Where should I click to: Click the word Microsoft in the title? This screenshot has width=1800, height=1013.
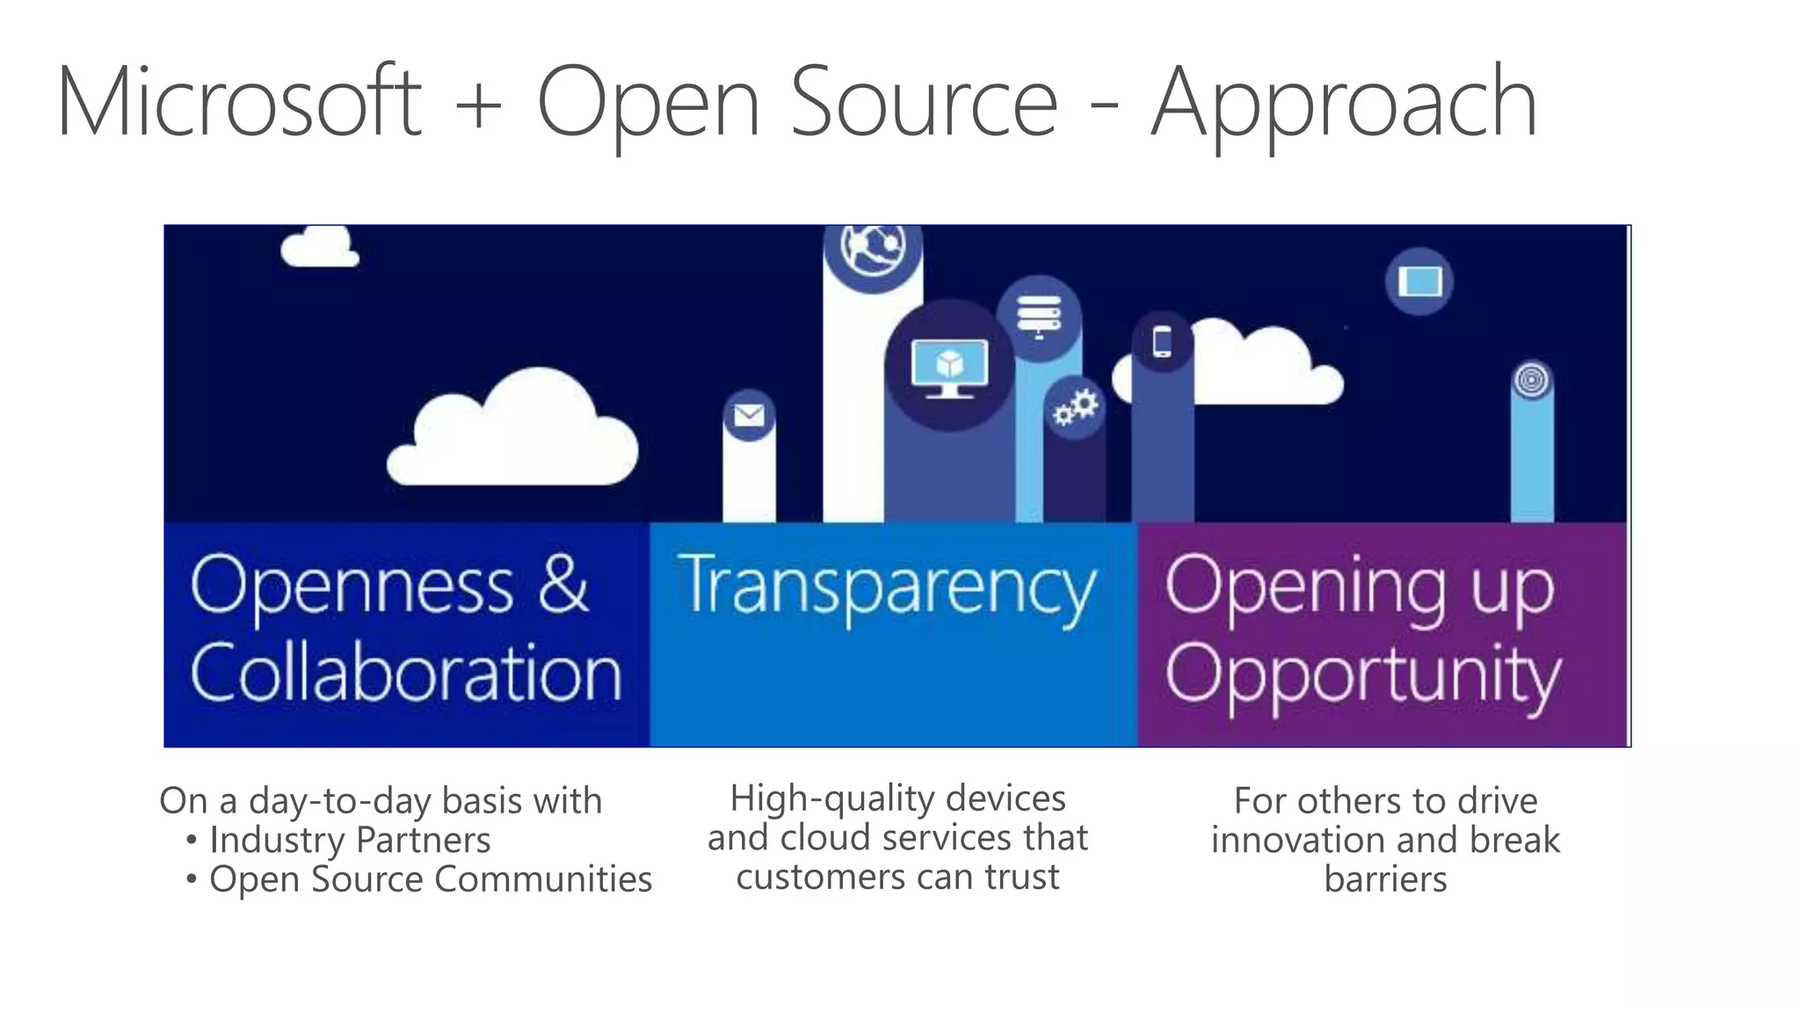[239, 103]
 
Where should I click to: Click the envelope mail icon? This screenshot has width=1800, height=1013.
[749, 414]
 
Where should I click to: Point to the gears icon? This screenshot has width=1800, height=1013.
[1076, 407]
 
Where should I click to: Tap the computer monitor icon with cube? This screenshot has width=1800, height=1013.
[949, 365]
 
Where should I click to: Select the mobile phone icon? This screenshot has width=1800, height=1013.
[1162, 341]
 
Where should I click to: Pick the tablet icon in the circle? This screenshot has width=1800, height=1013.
[1419, 282]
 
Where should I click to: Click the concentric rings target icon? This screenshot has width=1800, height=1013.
[1531, 380]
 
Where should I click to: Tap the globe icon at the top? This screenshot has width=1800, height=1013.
[872, 248]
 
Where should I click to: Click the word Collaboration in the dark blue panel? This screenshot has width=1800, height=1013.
[406, 673]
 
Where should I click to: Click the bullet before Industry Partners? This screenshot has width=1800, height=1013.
[192, 840]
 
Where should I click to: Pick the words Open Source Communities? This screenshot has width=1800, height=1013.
[431, 878]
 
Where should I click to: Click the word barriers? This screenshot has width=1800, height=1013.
[1385, 878]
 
